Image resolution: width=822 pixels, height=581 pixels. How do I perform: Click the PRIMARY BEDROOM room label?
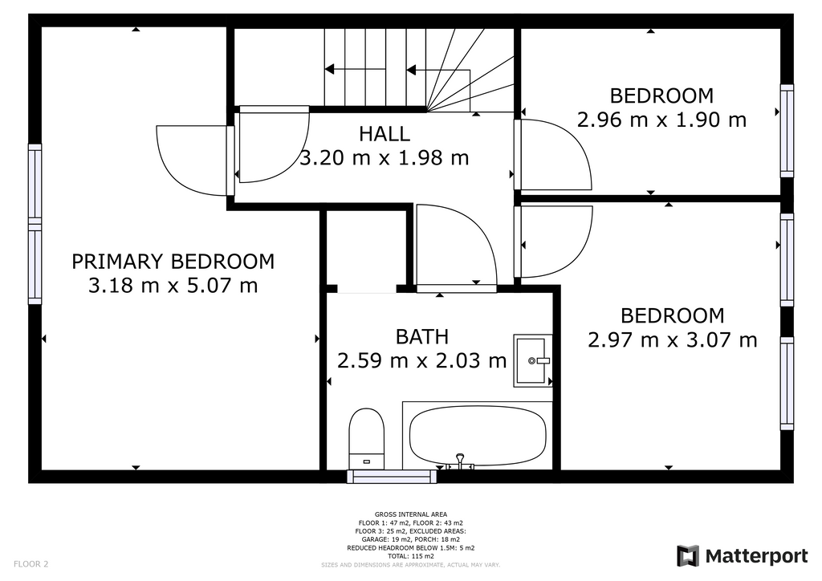[173, 262]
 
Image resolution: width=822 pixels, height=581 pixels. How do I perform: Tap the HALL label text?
[385, 134]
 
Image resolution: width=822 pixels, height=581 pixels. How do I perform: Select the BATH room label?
[422, 337]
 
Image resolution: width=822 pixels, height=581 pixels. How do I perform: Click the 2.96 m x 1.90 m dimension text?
[661, 120]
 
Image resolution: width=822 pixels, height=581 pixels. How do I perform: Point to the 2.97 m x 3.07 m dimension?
[672, 340]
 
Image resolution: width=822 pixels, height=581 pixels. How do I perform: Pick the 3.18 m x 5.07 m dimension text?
[173, 286]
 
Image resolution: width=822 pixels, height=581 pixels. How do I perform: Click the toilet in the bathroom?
[366, 439]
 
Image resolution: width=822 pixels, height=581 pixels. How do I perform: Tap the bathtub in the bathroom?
[477, 436]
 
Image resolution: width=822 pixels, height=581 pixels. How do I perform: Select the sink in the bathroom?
[533, 360]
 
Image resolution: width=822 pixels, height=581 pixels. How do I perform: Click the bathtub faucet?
[460, 462]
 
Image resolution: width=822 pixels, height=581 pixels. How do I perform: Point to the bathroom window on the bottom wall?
[392, 476]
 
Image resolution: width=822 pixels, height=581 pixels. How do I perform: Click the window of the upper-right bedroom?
[787, 131]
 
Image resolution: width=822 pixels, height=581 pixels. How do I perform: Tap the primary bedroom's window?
[35, 224]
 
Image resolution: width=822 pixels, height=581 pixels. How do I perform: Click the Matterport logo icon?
[688, 556]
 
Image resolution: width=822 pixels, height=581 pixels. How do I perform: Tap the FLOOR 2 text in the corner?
[31, 564]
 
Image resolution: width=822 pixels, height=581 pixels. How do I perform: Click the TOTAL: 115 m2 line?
[411, 556]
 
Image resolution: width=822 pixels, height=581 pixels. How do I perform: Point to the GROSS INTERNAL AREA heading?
[411, 514]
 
